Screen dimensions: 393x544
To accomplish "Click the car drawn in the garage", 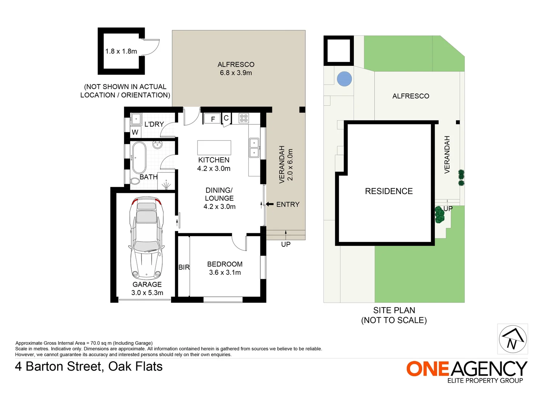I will (x=146, y=238).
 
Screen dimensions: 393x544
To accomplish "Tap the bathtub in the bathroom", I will (x=139, y=158).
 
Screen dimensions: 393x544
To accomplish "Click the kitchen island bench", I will (x=214, y=148).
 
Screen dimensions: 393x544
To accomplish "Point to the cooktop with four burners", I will (x=244, y=118).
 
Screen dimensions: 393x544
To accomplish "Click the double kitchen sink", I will (x=254, y=147).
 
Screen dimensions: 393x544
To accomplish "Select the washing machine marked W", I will (x=135, y=132).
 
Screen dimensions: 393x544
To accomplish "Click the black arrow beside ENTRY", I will (x=269, y=204).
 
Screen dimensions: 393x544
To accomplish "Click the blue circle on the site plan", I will (x=344, y=79).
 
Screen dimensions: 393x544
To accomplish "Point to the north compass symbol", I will (x=512, y=339).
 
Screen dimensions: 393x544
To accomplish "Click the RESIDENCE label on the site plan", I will (x=389, y=191).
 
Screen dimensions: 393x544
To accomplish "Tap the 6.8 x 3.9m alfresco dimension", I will (x=236, y=73).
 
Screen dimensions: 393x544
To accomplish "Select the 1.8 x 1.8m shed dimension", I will (x=121, y=51).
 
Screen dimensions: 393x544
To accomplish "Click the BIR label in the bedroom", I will (x=184, y=267).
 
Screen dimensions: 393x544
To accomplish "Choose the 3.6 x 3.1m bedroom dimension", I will (x=225, y=273).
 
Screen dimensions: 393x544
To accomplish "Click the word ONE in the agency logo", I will (x=428, y=369).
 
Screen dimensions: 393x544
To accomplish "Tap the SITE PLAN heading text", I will (x=394, y=310).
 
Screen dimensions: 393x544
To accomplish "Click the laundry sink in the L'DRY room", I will (x=136, y=119).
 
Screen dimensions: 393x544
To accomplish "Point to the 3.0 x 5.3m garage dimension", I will (x=147, y=293).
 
